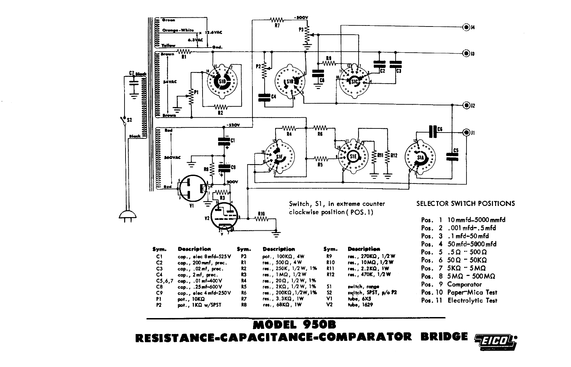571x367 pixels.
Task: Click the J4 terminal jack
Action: [467, 27]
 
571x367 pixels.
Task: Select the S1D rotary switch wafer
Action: [222, 82]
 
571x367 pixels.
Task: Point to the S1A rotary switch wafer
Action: [420, 158]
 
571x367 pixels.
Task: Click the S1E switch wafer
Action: [354, 156]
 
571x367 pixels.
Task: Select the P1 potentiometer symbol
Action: [191, 98]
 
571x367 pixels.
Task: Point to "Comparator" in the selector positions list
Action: [464, 284]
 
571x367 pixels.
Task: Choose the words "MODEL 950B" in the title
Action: [294, 325]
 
